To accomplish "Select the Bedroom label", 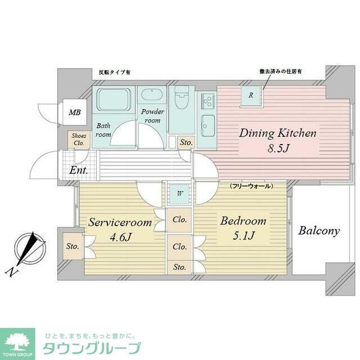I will coord(242,221).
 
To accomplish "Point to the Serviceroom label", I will coord(118,221).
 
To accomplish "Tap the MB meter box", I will coord(74,112).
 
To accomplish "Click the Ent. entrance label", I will coord(79,170).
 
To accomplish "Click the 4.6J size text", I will coord(118,238).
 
